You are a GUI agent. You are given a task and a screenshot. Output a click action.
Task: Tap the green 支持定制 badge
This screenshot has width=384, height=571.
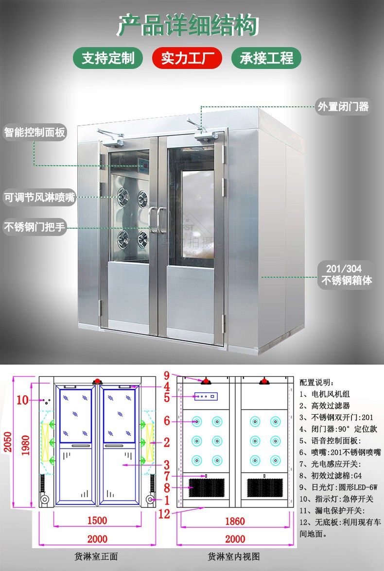pos(108,58)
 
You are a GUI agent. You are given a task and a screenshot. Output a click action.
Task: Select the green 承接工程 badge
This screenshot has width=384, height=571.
pos(266,58)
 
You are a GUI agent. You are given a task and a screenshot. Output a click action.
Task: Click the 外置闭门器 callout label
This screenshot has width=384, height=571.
pos(343,107)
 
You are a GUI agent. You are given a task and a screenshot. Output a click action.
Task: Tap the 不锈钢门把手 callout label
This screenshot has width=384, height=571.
pos(35,227)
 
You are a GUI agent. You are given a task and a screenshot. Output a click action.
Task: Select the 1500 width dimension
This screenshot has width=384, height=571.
pos(97,521)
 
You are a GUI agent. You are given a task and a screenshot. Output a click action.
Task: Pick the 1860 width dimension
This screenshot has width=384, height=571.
pos(235,521)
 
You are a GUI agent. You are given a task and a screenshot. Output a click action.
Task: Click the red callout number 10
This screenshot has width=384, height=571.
pos(22,400)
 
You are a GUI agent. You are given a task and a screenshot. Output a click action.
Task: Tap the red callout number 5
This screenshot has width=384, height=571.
pos(167,398)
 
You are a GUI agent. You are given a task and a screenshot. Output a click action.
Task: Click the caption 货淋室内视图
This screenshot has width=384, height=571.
pos(234,556)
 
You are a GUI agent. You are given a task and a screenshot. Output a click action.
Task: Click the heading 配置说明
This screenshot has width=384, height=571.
pos(317,382)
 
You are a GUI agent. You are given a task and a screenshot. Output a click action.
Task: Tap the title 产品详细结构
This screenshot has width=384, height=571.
pos(188,25)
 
